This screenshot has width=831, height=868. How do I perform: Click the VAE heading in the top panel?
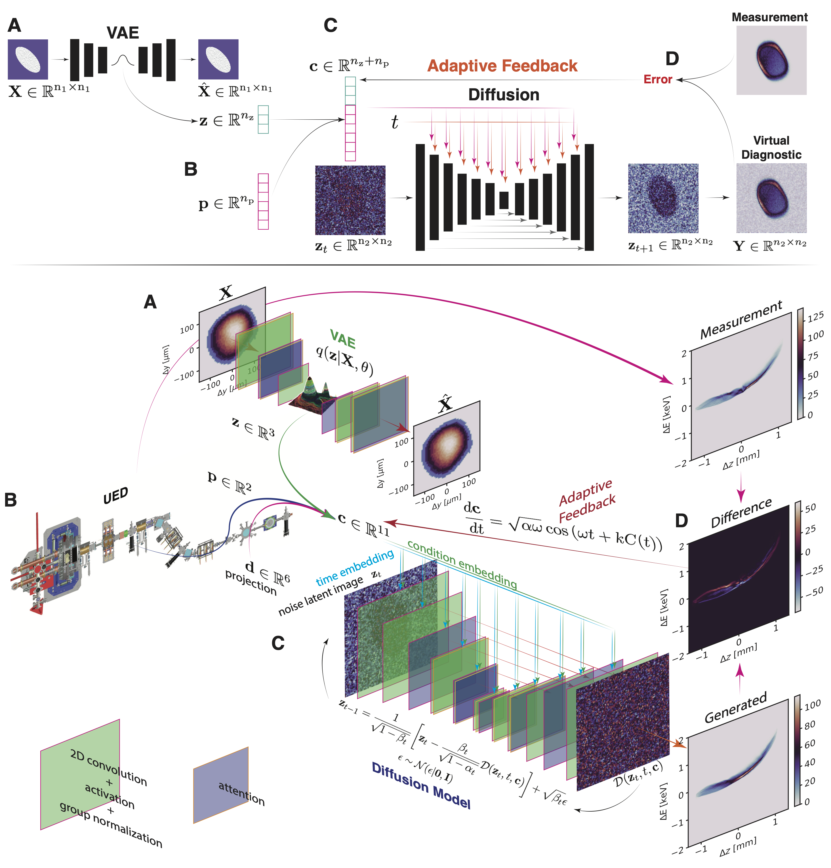click(x=123, y=33)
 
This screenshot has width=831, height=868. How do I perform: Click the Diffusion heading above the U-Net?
click(x=504, y=95)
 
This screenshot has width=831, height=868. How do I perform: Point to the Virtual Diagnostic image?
click(x=771, y=198)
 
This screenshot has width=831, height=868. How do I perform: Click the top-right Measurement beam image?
click(x=771, y=60)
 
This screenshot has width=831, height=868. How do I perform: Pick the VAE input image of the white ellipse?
click(x=28, y=59)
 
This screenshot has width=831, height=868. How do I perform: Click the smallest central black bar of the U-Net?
click(x=504, y=200)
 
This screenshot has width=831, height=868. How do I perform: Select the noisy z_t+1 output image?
click(x=663, y=198)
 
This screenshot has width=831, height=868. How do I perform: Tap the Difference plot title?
click(x=741, y=513)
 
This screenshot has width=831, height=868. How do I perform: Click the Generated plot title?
click(x=735, y=708)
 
